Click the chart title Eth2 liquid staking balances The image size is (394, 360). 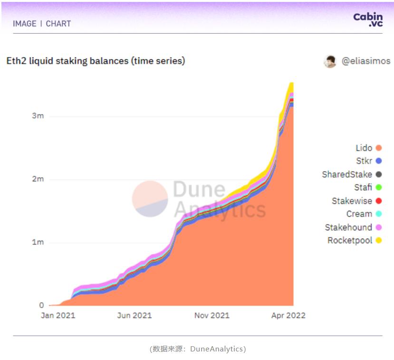[96, 61]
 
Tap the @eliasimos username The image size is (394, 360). [366, 61]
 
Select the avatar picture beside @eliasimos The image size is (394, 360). [330, 61]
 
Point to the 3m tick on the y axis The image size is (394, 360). [38, 116]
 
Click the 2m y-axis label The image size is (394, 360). [38, 179]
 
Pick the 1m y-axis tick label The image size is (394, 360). [38, 243]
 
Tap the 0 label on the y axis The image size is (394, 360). [42, 305]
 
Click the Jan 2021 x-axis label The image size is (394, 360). [58, 316]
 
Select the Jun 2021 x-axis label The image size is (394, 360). [135, 316]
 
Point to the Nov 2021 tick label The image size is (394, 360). [212, 316]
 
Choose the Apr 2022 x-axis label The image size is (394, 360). [288, 316]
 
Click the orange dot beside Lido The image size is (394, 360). [378, 148]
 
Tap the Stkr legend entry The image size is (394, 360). [364, 161]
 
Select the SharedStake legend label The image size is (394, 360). [347, 175]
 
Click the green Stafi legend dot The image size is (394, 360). [378, 187]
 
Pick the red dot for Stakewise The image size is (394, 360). [378, 201]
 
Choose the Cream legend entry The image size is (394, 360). [359, 214]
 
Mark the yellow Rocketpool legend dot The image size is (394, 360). [378, 240]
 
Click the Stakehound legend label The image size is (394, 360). [348, 227]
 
